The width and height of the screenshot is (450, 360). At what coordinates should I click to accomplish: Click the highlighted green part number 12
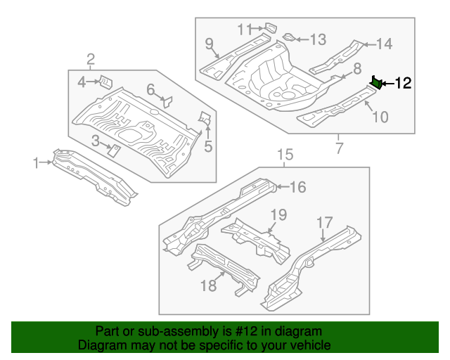click(377, 84)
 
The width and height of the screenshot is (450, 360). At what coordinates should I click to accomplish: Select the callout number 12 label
click(402, 84)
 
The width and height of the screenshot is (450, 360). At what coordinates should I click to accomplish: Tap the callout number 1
click(36, 163)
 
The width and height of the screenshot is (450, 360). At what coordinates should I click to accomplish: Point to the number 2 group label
click(91, 58)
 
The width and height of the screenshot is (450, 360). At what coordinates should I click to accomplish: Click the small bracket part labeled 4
click(103, 81)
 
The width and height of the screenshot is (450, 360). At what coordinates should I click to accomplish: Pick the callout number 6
click(150, 89)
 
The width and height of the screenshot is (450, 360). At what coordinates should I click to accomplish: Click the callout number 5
click(208, 146)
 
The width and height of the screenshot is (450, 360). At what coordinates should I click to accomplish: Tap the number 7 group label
click(339, 148)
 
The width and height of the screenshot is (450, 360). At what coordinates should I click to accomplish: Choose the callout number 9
click(209, 44)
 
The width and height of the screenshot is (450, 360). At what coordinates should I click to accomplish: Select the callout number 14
click(383, 44)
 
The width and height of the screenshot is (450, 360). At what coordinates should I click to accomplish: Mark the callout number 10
click(379, 117)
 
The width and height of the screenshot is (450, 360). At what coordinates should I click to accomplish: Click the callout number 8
click(357, 68)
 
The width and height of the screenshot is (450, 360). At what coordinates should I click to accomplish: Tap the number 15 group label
click(284, 155)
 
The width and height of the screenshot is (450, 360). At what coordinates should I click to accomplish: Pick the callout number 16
click(298, 186)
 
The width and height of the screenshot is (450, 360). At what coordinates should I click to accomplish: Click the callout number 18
click(209, 285)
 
